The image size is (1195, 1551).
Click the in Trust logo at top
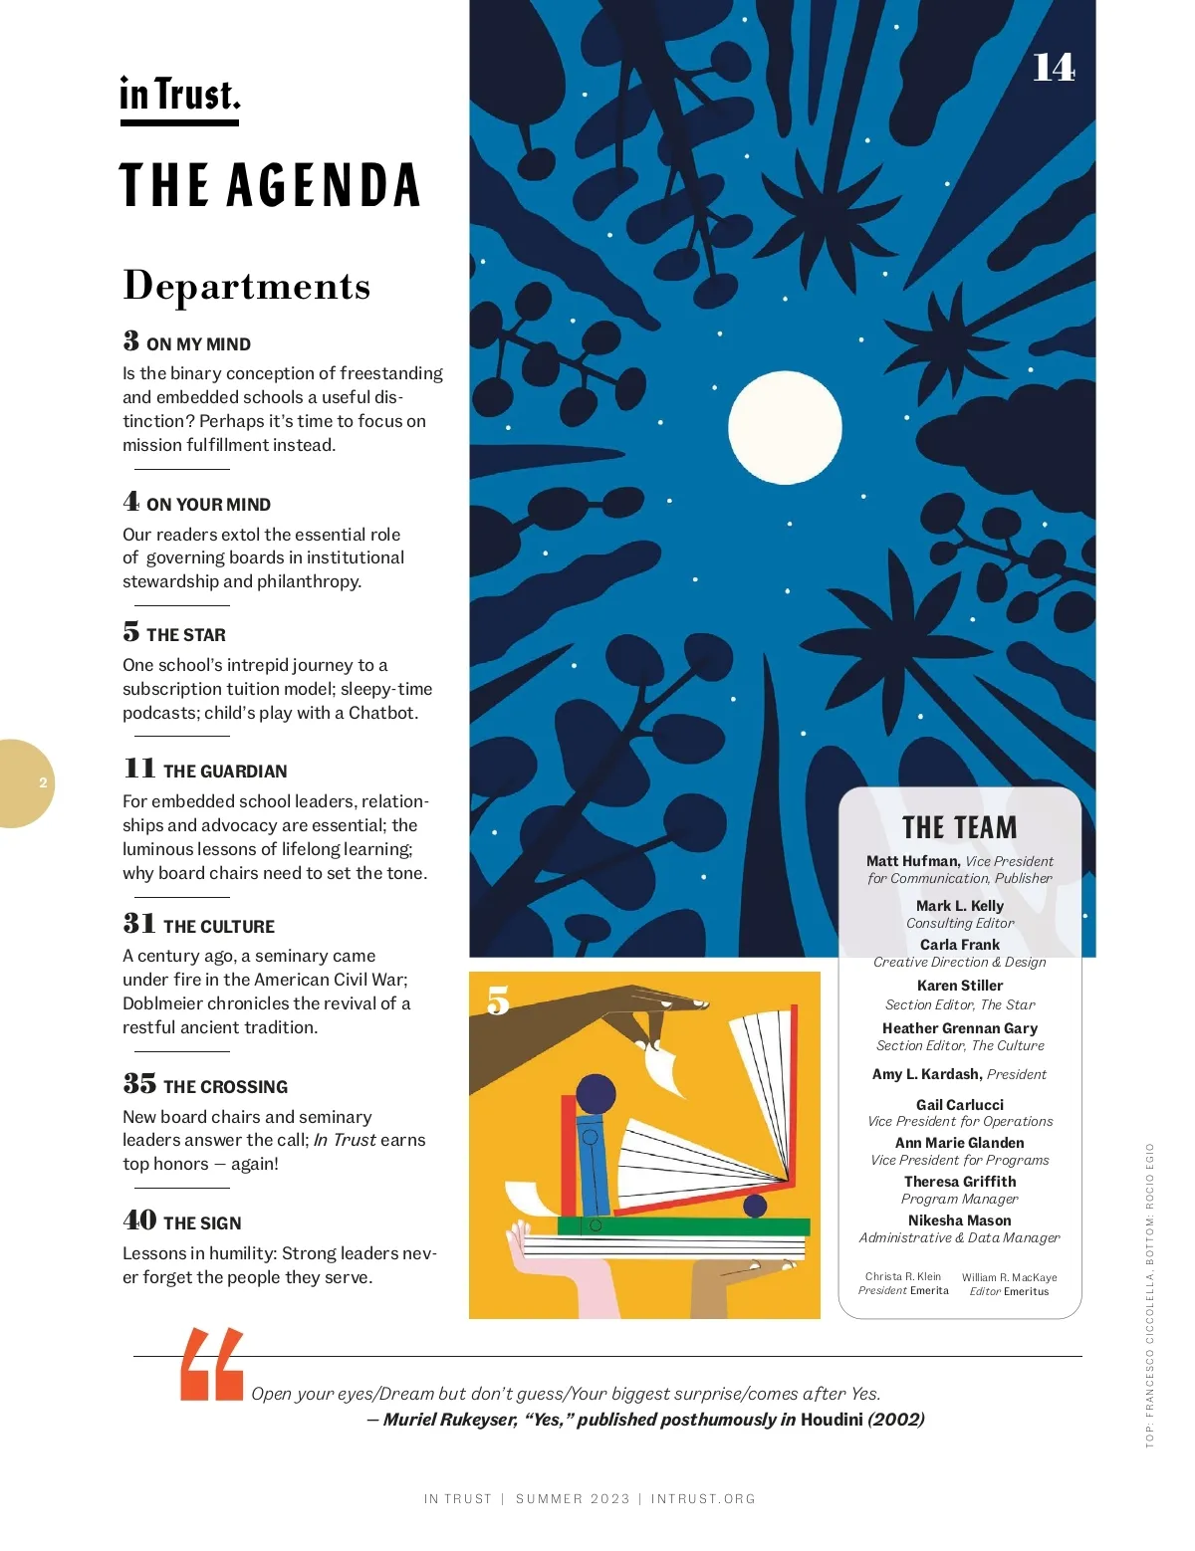coord(180,96)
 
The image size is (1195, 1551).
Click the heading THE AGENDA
coord(270,186)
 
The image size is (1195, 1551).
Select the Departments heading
coord(246,286)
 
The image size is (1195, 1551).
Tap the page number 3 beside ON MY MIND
coord(131,341)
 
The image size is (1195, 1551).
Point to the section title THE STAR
coord(186,635)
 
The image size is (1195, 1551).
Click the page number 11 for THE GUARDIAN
coord(139,769)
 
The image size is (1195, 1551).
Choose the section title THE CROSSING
coord(225,1087)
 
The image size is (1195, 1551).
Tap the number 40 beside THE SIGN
coord(139,1220)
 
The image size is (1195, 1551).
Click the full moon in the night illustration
coord(785,428)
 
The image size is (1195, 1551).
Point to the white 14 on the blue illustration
coord(1054,68)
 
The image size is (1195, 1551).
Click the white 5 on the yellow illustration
coord(498,1000)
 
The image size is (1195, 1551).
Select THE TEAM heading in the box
coord(960,828)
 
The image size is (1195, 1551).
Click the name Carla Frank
coord(960,945)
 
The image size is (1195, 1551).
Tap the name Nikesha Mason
coord(960,1220)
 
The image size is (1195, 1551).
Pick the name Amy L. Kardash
coord(926,1074)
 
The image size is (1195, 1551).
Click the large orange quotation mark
coord(212,1365)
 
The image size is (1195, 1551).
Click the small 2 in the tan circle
coord(43,783)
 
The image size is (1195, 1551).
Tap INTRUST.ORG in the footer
coord(703,1499)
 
